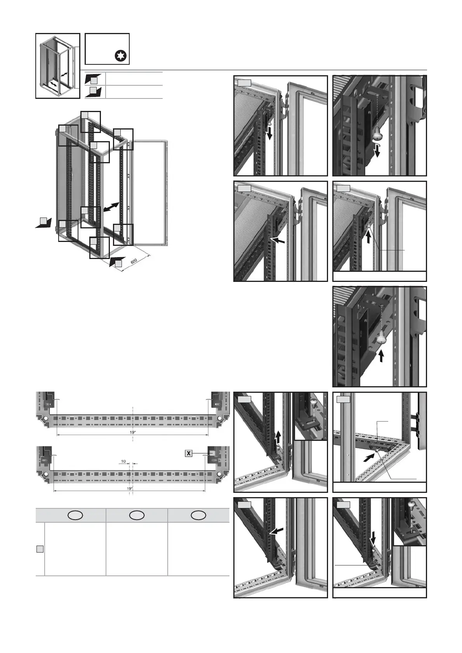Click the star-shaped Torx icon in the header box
coord(122,56)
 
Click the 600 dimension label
coord(134,261)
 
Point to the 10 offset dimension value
coord(123,461)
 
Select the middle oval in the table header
coord(137,515)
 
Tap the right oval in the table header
coord(198,515)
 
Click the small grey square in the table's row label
coord(40,549)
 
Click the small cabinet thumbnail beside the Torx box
coord(58,66)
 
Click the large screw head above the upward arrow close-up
coord(381,339)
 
